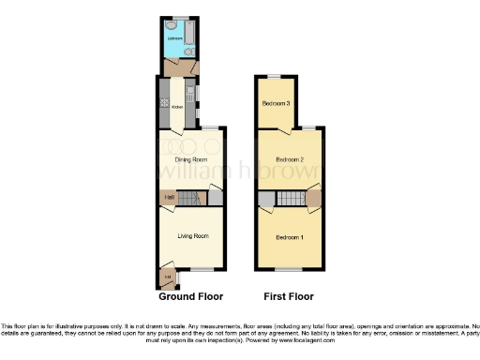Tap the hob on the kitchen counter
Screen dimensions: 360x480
164,101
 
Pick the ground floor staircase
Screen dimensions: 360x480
191,197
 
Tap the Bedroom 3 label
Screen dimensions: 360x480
275,102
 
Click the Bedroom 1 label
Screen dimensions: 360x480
290,236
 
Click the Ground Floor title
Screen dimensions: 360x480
191,295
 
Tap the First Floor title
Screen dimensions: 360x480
288,295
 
